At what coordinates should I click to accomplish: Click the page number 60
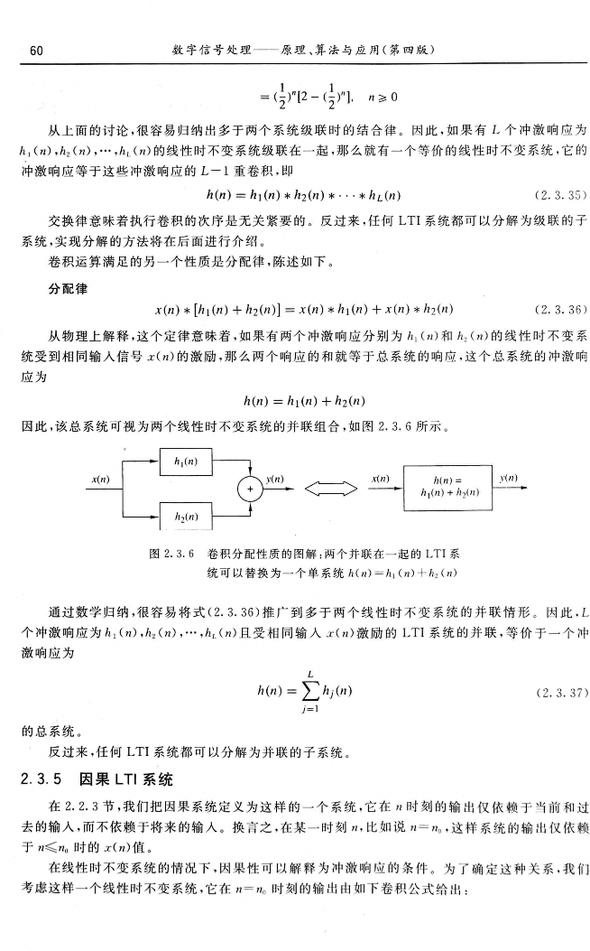pos(37,51)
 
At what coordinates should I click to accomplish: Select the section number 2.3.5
pos(41,779)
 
